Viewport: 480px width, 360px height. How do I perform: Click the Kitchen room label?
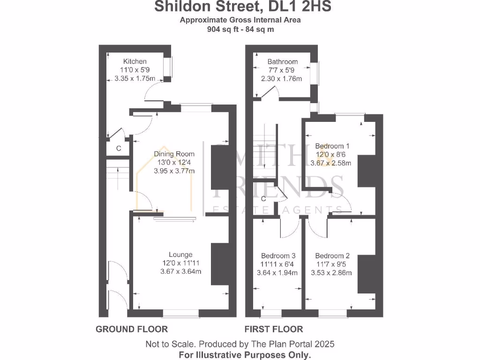[x=135, y=61]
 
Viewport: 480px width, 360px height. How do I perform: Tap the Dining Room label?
[x=174, y=154]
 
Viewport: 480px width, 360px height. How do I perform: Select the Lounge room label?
[x=181, y=255]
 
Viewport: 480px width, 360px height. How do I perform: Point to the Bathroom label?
[x=282, y=61]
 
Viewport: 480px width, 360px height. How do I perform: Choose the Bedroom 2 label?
[x=332, y=256]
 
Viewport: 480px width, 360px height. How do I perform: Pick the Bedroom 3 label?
[x=278, y=256]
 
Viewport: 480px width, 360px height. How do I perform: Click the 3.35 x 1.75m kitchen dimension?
[x=135, y=79]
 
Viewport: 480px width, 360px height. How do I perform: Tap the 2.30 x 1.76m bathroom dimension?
[x=282, y=79]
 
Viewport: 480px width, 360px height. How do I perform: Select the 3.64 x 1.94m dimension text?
[x=278, y=273]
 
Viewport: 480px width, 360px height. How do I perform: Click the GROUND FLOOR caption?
[x=132, y=329]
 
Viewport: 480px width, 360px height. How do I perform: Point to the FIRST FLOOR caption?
[x=274, y=329]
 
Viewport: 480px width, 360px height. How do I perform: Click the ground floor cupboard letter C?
[x=119, y=149]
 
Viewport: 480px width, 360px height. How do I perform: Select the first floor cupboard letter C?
[x=263, y=199]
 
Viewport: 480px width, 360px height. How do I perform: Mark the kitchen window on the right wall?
[x=171, y=67]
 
